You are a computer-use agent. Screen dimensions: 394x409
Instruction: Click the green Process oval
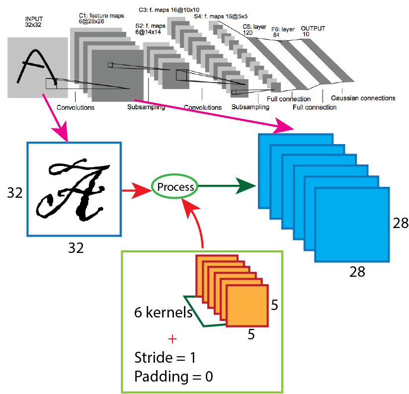click(x=174, y=187)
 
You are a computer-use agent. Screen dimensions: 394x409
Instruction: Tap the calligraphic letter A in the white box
click(x=75, y=188)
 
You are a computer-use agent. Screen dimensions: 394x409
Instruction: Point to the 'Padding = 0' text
click(x=173, y=376)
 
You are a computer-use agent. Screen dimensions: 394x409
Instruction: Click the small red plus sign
click(x=172, y=340)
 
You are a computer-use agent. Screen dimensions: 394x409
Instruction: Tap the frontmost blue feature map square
click(x=352, y=225)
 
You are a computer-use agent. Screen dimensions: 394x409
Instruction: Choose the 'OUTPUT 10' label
click(x=313, y=31)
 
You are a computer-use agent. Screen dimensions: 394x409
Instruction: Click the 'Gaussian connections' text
click(x=363, y=98)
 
